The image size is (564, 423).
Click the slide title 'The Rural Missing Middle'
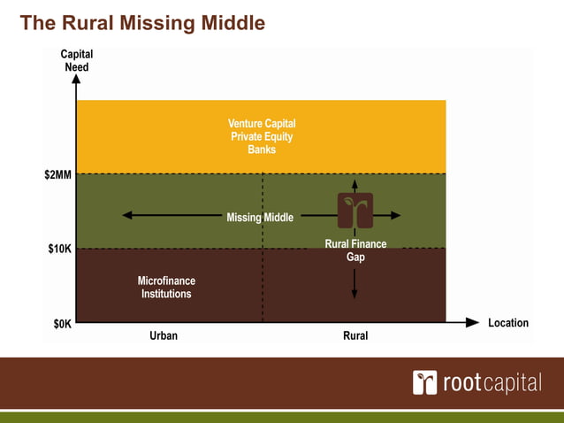141,23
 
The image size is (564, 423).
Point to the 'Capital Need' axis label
76,61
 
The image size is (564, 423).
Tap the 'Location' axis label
507,323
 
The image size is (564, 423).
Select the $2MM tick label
58,175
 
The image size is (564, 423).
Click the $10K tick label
59,250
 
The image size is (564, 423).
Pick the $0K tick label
61,324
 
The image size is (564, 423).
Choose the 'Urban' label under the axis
163,336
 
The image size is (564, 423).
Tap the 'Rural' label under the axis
354,336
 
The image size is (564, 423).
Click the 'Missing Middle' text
260,217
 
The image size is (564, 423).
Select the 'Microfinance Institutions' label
166,287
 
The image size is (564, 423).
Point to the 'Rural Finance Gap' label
355,250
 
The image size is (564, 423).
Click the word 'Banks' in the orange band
262,150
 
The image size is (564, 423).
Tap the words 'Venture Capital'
262,124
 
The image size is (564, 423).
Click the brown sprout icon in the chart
354,211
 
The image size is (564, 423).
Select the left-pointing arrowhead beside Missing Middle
127,215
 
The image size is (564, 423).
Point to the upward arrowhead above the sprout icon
354,184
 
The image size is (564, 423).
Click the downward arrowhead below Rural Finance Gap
354,294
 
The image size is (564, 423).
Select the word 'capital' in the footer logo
511,382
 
